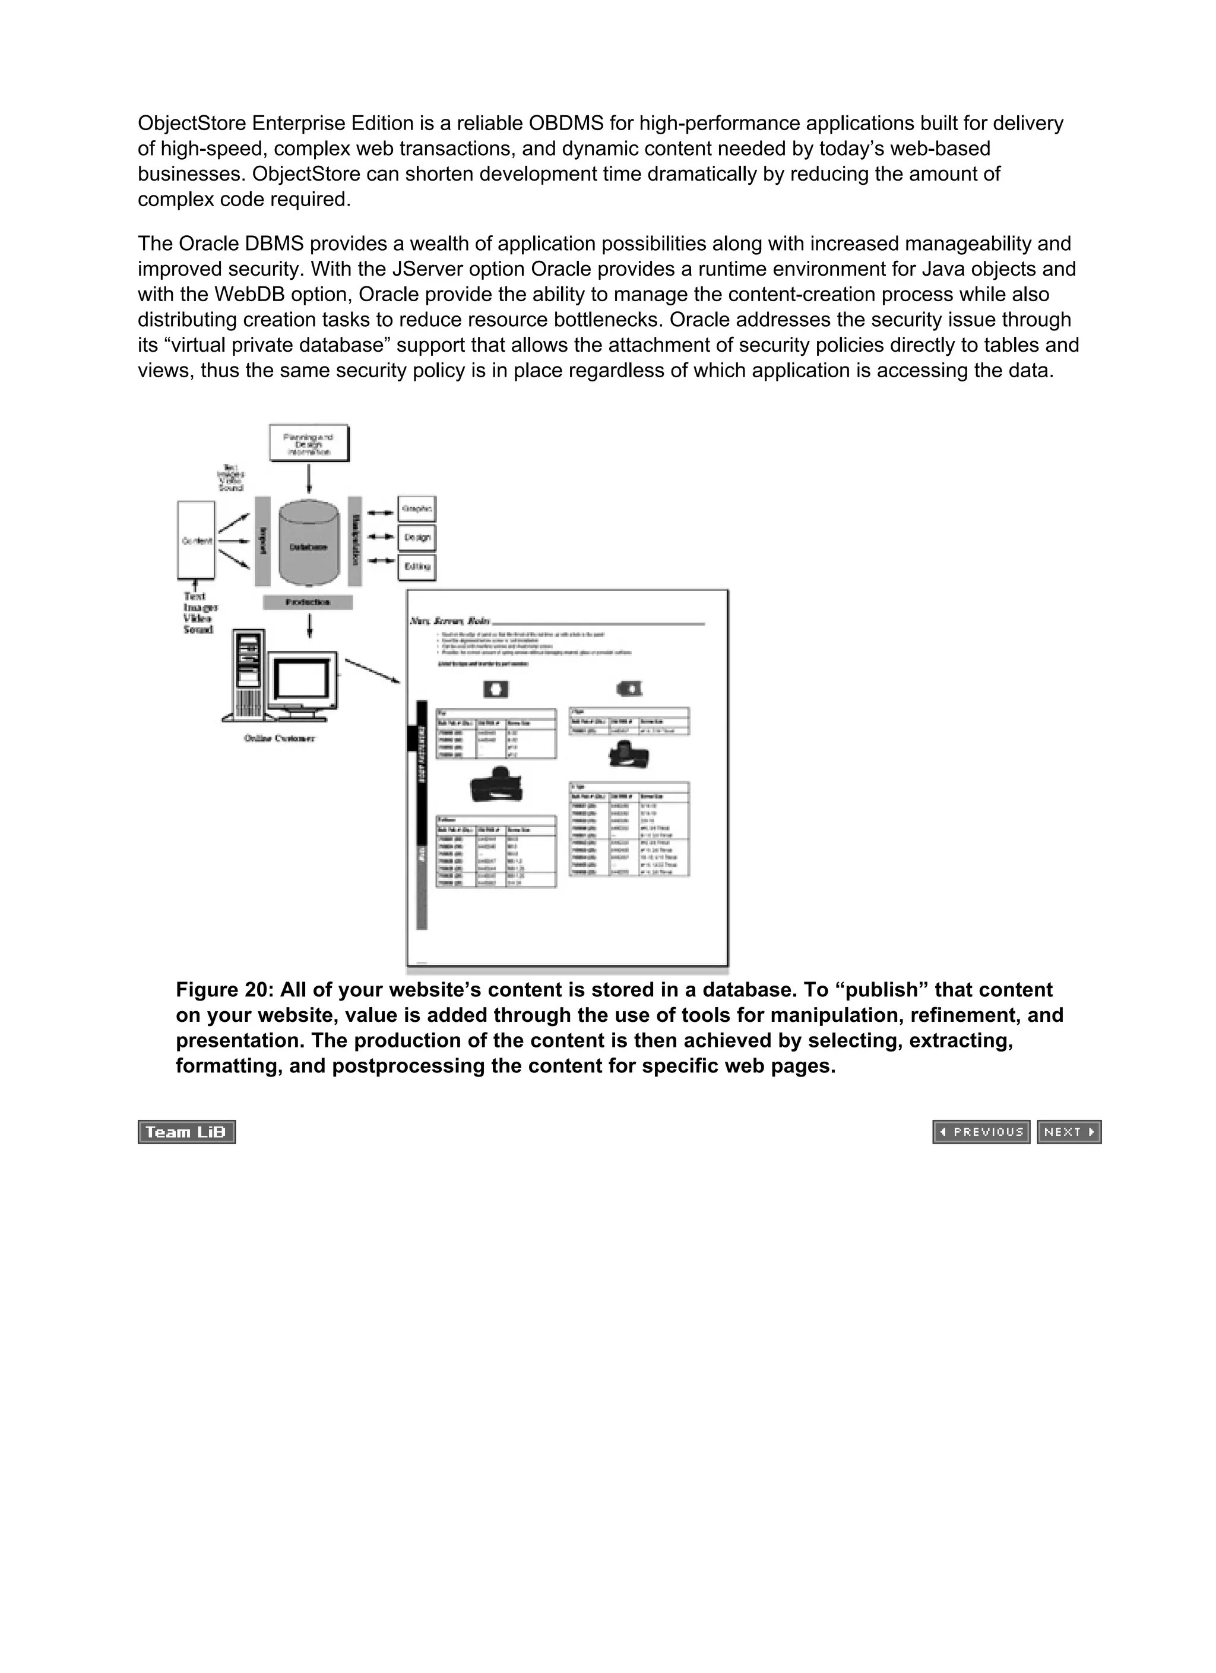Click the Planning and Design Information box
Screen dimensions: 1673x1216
[x=308, y=443]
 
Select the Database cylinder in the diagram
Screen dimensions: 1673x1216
[x=309, y=547]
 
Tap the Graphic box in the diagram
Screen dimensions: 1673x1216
[x=417, y=509]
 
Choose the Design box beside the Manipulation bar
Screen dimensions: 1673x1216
[x=417, y=538]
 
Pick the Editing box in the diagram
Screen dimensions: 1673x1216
[x=417, y=567]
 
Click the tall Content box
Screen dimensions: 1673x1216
[x=196, y=540]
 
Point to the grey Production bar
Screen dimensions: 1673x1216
[x=308, y=602]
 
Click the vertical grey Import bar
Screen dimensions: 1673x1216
[x=262, y=541]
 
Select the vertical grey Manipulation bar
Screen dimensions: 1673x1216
[x=354, y=541]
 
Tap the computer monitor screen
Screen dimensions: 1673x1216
[x=302, y=678]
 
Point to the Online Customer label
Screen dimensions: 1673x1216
[x=280, y=738]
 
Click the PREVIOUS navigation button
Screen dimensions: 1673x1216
[x=981, y=1132]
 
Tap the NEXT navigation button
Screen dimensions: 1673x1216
[x=1069, y=1132]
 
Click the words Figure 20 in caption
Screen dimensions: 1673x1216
[x=223, y=990]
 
